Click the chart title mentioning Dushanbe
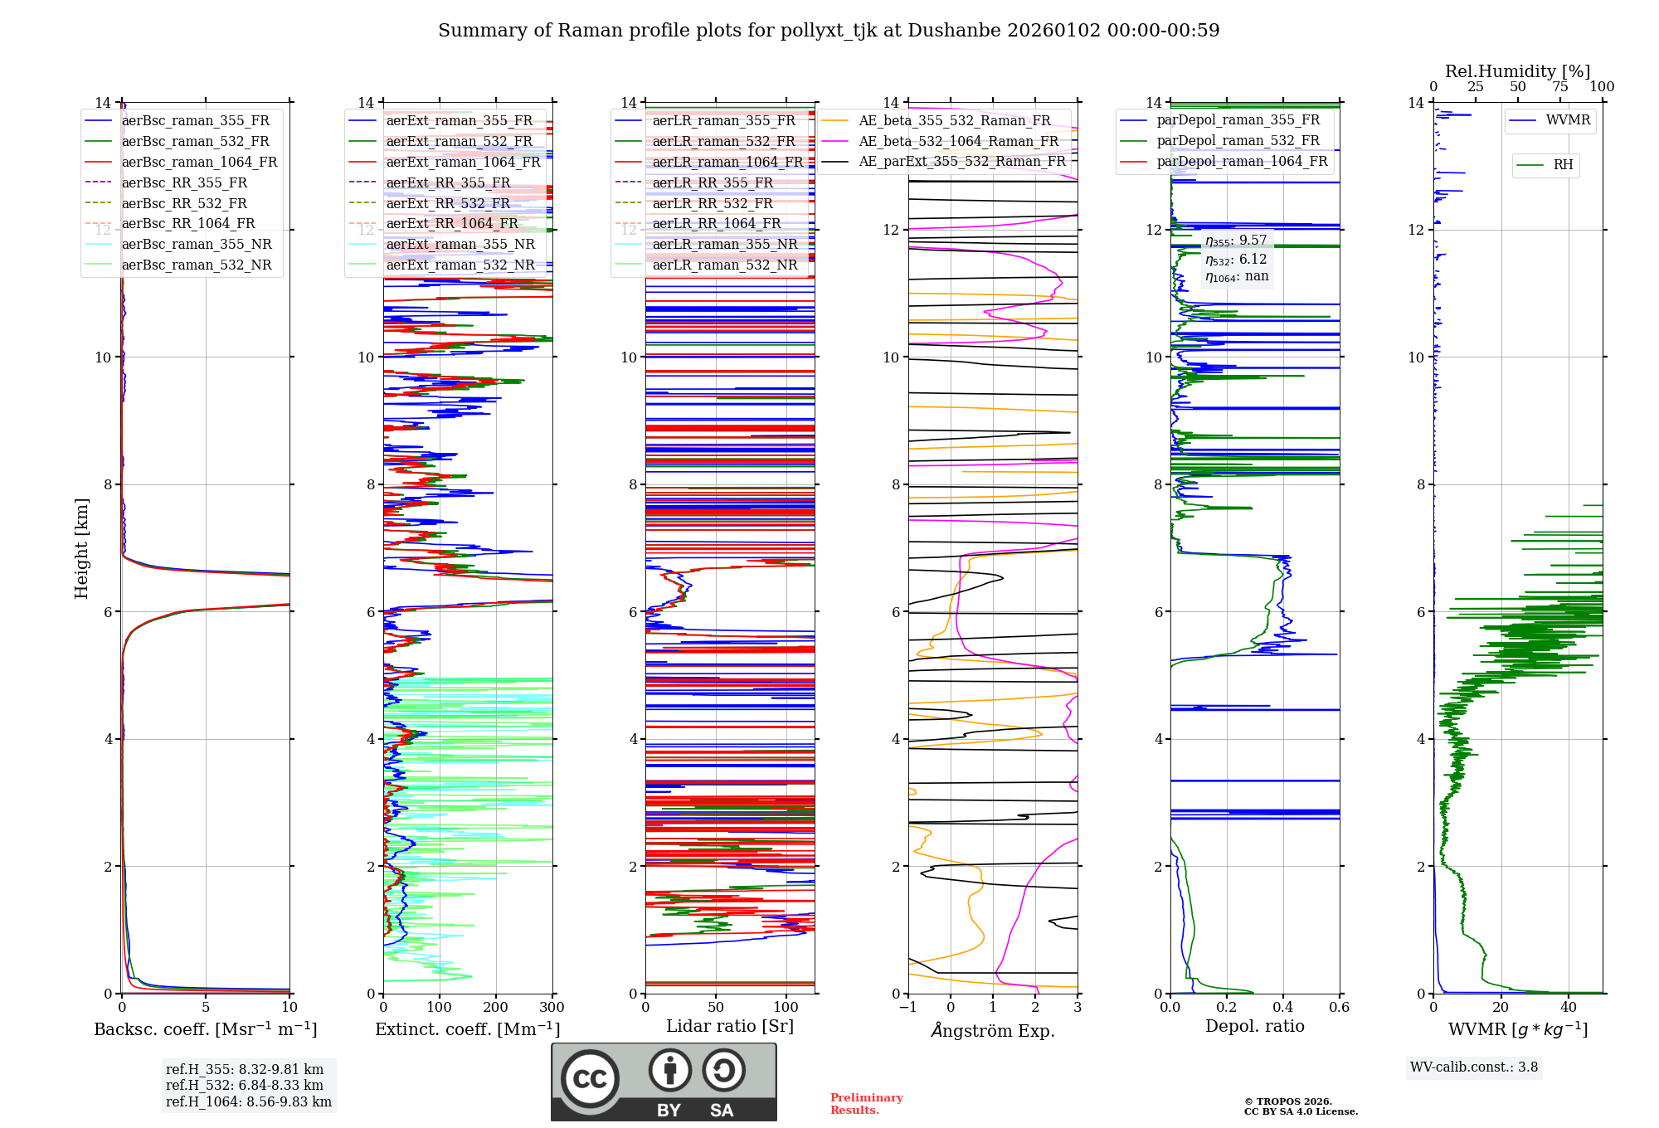point(829,31)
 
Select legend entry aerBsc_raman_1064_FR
point(199,162)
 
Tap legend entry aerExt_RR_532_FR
point(448,203)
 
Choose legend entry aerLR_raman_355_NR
point(724,244)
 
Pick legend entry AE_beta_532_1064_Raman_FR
point(958,141)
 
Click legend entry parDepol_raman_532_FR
point(1238,141)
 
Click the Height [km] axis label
point(81,548)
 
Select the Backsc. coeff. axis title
point(205,1029)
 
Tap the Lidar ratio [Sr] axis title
point(730,1026)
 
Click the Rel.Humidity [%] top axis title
point(1517,71)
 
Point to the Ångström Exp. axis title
point(993,1031)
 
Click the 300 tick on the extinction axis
point(552,1007)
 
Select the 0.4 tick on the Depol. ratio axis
point(1283,1007)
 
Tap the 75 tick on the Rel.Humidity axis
point(1560,86)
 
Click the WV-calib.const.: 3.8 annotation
point(1474,1067)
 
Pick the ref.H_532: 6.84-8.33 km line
point(245,1086)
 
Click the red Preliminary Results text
point(866,1104)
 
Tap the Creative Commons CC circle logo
point(590,1079)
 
